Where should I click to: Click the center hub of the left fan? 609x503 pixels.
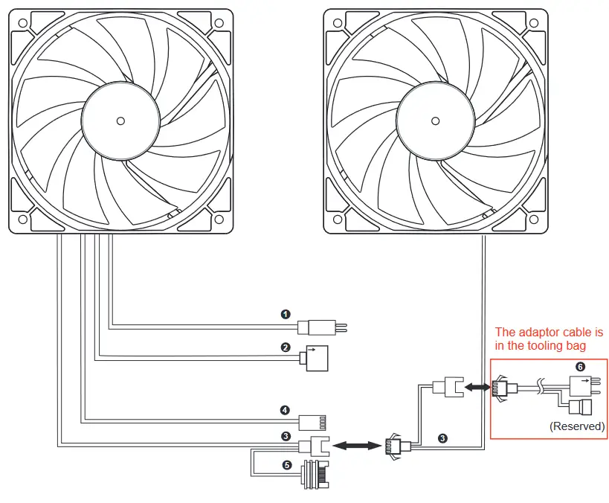click(120, 120)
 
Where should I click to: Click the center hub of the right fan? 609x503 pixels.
click(436, 120)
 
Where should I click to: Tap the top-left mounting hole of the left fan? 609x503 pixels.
click(24, 22)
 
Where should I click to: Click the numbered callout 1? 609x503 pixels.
click(286, 314)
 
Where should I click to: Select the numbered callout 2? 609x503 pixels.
click(286, 347)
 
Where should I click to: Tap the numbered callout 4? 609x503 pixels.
click(286, 409)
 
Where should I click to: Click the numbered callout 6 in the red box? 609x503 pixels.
click(581, 367)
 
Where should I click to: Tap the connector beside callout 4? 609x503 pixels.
click(312, 422)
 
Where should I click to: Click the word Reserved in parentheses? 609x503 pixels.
click(577, 426)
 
